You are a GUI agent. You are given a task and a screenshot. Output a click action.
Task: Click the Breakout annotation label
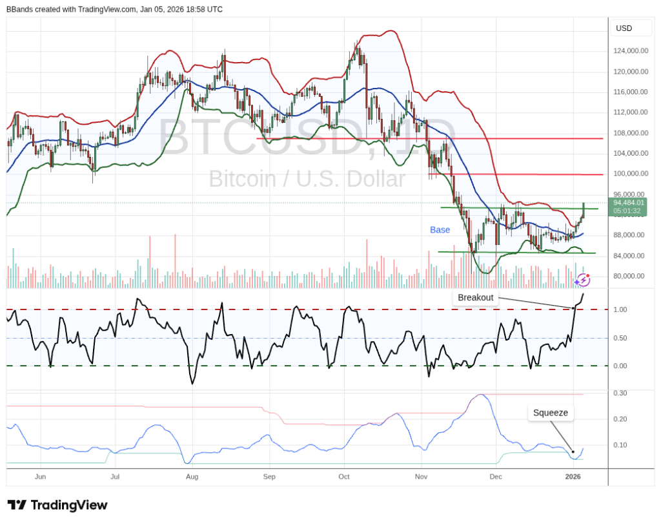click(x=476, y=298)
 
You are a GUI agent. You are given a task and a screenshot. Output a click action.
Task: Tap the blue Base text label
click(x=440, y=230)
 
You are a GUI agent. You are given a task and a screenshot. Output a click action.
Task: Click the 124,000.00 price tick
click(x=631, y=51)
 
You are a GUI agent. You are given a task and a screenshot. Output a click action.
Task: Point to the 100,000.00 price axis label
click(x=631, y=174)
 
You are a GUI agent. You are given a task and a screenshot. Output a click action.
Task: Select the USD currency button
click(x=624, y=28)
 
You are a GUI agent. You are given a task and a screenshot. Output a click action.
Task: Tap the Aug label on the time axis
click(x=192, y=477)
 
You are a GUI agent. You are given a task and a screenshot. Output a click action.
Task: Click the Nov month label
click(x=422, y=477)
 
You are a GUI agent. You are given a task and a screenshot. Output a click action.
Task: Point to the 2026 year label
click(x=573, y=477)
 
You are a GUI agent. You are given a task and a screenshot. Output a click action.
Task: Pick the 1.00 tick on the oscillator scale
click(x=620, y=310)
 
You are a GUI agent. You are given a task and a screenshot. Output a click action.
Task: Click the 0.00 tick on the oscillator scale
click(x=620, y=366)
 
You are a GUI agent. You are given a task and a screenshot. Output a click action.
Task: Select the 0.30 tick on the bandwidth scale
click(x=620, y=393)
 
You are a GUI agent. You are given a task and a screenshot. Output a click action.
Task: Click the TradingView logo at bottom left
click(x=57, y=505)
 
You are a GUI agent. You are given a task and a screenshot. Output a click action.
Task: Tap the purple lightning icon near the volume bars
click(x=583, y=280)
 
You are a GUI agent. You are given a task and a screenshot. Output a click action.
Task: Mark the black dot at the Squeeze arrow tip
click(x=573, y=452)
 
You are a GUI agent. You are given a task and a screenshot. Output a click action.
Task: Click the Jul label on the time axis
click(x=116, y=477)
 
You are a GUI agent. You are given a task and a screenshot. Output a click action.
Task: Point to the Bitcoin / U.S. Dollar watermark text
click(x=307, y=179)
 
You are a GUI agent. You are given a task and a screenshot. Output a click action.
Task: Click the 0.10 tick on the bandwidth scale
click(x=620, y=445)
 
